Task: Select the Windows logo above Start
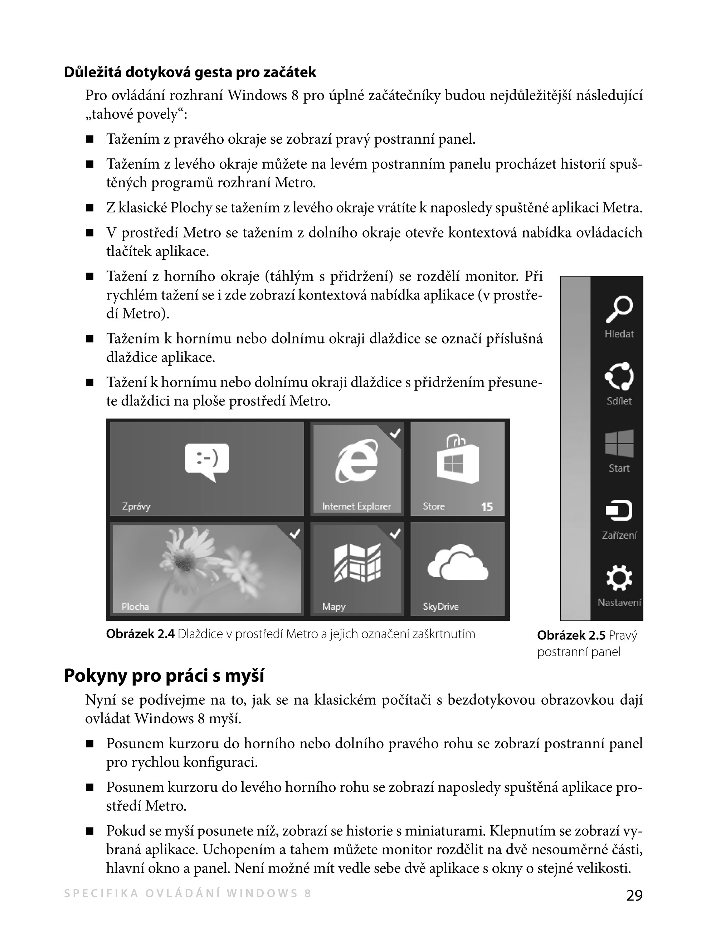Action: click(x=619, y=443)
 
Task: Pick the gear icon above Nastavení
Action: click(x=619, y=578)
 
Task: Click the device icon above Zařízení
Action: click(x=619, y=510)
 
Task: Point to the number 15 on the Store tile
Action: click(x=487, y=507)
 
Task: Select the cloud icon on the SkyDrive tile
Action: click(x=457, y=562)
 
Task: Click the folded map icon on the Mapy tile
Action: click(x=357, y=562)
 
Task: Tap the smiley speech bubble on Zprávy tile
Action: click(x=207, y=461)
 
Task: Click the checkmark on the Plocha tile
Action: click(x=294, y=534)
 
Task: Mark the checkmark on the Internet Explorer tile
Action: click(x=395, y=433)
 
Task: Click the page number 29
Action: click(x=634, y=896)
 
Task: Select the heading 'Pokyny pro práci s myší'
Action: click(x=164, y=676)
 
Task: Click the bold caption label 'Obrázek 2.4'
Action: click(x=140, y=634)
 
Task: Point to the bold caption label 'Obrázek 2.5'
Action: click(x=571, y=635)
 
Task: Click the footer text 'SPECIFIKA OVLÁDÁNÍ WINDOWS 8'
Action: click(x=188, y=893)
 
